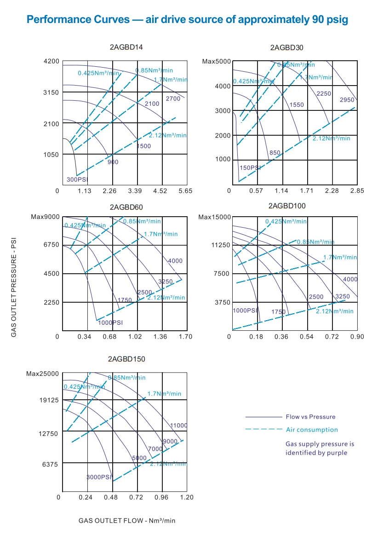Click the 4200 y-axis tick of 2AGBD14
[52, 61]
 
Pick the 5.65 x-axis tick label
[185, 191]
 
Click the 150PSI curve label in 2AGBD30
[250, 168]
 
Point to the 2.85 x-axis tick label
[357, 190]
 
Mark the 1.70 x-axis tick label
[185, 337]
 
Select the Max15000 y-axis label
[214, 217]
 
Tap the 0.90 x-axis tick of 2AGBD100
[356, 337]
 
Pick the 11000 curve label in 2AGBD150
[179, 426]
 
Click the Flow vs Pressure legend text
[311, 417]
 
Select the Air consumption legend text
[312, 430]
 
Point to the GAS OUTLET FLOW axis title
[127, 521]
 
